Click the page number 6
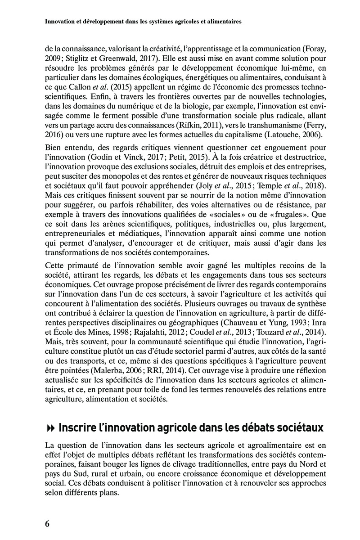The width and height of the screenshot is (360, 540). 48,523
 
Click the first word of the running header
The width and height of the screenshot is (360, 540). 64,21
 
